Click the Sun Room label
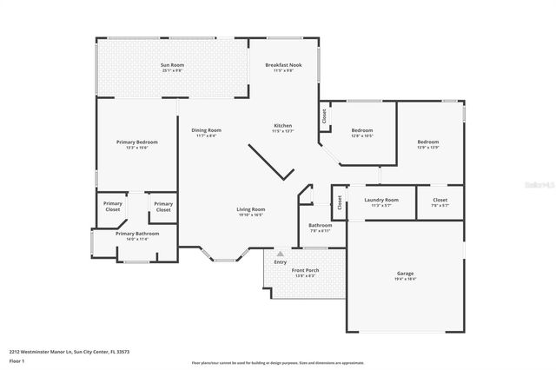pyautogui.click(x=172, y=65)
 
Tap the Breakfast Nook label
pyautogui.click(x=284, y=65)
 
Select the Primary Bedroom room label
pyautogui.click(x=137, y=142)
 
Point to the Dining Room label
pyautogui.click(x=207, y=130)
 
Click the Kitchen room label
pyautogui.click(x=283, y=125)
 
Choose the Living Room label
pyautogui.click(x=251, y=209)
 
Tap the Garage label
pyautogui.click(x=405, y=274)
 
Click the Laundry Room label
pyautogui.click(x=381, y=200)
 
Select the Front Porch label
pyautogui.click(x=306, y=270)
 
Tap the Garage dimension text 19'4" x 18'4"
pyautogui.click(x=405, y=280)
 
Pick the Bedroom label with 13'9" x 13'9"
pyautogui.click(x=427, y=142)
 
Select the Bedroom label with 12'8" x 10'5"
pyautogui.click(x=361, y=130)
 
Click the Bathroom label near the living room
pyautogui.click(x=321, y=225)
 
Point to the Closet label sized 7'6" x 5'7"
pyautogui.click(x=440, y=200)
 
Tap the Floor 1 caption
pyautogui.click(x=17, y=360)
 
